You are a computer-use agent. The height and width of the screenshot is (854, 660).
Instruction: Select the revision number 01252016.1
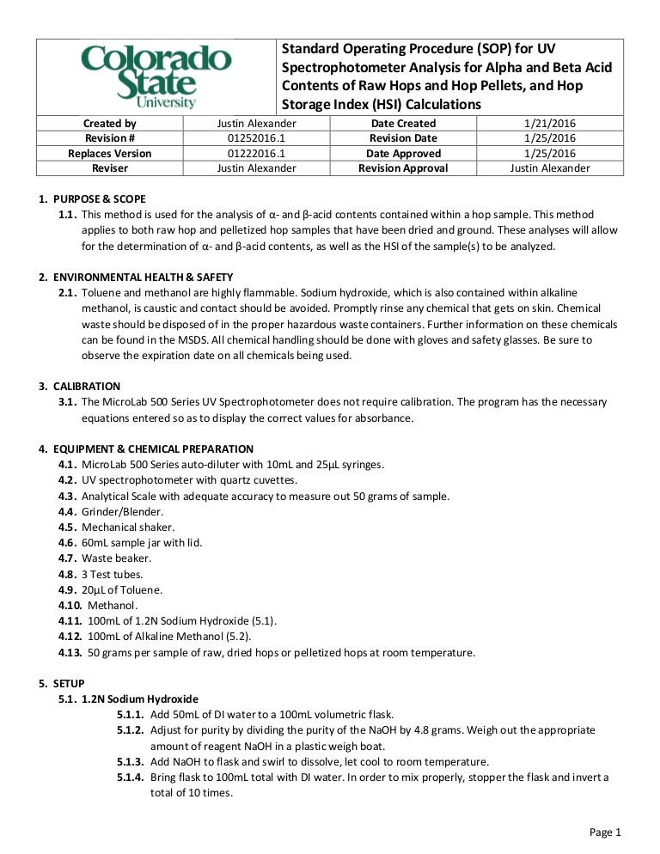pos(256,138)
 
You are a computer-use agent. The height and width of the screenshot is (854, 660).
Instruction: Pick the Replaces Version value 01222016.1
pos(256,153)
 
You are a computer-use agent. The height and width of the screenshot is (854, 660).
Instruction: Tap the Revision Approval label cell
pos(403,168)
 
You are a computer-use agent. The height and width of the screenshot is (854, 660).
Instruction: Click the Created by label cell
pos(109,124)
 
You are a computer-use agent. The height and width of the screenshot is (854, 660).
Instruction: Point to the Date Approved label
pos(403,153)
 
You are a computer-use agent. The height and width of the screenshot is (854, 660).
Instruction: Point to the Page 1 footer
pos(604,832)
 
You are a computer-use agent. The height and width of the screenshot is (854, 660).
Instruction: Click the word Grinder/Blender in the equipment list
pos(116,511)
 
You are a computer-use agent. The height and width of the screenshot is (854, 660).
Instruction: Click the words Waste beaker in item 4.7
pos(116,558)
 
